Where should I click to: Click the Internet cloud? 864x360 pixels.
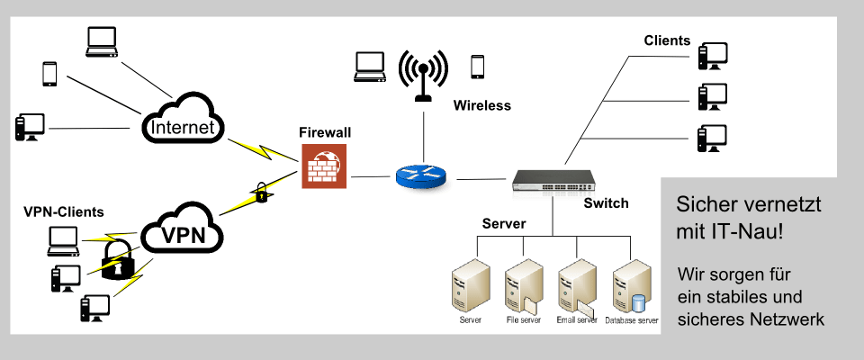(x=183, y=121)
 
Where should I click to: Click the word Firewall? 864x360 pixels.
(x=325, y=132)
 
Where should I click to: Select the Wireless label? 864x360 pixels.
(x=481, y=105)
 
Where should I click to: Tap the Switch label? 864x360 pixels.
(x=606, y=203)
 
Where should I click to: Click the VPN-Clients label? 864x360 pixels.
(x=64, y=212)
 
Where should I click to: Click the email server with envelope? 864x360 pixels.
(x=576, y=288)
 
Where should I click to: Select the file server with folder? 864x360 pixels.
(x=523, y=288)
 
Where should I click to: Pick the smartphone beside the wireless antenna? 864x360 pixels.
(x=478, y=67)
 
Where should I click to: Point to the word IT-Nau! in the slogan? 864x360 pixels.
(x=751, y=232)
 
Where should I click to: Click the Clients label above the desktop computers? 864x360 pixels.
(x=667, y=40)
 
